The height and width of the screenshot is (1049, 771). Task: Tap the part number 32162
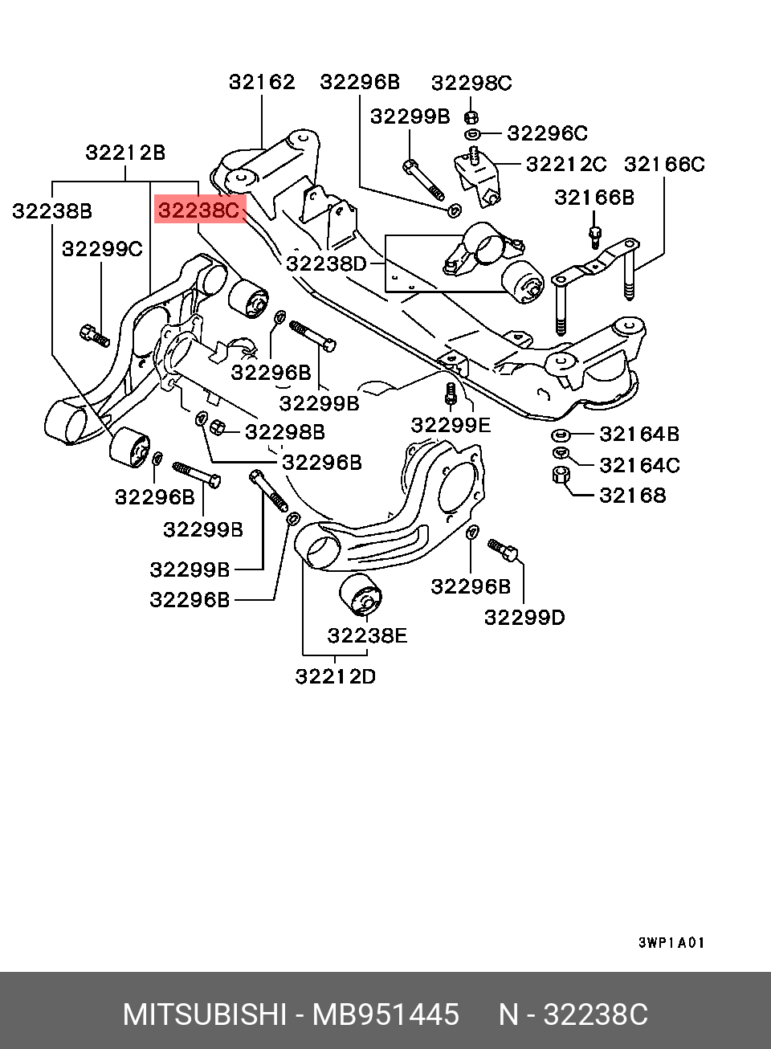[262, 81]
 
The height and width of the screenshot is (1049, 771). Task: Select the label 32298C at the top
[471, 83]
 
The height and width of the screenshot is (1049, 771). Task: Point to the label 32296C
[547, 133]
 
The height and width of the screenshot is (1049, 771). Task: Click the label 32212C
[566, 164]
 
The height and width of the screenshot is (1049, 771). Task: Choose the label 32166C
[664, 164]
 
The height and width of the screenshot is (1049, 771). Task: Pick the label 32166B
[594, 198]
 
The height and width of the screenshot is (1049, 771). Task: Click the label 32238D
[325, 263]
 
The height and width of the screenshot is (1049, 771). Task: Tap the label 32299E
[451, 424]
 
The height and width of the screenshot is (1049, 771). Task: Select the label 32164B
[639, 434]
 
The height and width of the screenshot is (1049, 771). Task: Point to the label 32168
[632, 495]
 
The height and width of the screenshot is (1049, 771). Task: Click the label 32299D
[524, 617]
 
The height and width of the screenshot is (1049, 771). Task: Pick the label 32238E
[367, 635]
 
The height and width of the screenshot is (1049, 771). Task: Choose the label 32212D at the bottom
[335, 676]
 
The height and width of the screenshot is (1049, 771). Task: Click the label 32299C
[102, 249]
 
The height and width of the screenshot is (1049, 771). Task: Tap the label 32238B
[51, 210]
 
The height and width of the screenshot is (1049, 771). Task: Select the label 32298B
[285, 432]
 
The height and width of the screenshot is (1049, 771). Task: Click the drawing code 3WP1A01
[671, 942]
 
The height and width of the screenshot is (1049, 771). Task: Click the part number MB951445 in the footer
[385, 1015]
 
